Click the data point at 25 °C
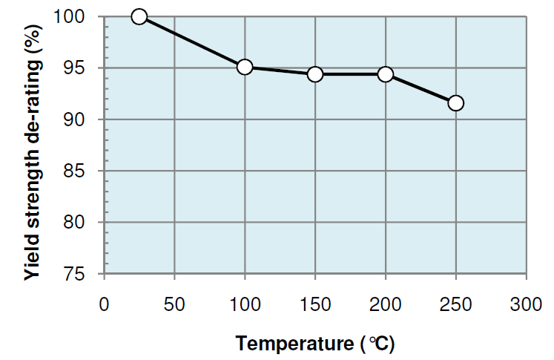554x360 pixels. point(139,16)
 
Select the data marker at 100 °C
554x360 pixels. point(245,68)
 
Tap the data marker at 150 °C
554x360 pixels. point(315,74)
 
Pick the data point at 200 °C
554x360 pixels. point(385,74)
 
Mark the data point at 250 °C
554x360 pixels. point(455,102)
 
